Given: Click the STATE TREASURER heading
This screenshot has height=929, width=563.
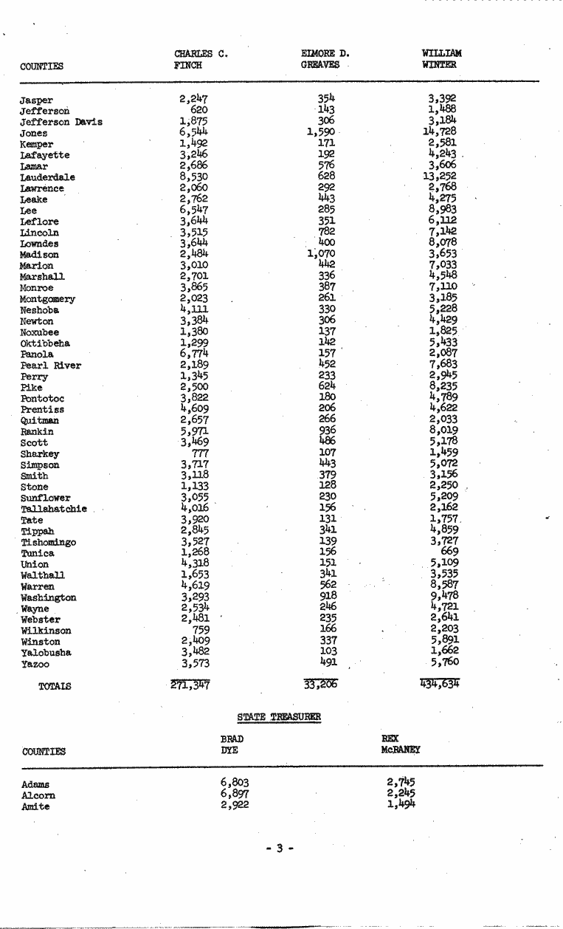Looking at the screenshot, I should point(280,716).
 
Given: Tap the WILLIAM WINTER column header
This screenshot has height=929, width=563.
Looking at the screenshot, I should point(441,59).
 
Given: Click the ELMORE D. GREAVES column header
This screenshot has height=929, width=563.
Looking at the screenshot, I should point(325,59).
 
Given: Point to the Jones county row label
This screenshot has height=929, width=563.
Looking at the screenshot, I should point(34,134).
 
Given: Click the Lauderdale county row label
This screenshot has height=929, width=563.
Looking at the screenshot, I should point(47,178).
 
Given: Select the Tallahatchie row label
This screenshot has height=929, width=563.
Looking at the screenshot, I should point(54,509).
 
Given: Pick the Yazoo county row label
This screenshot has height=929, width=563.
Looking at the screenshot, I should point(34,665).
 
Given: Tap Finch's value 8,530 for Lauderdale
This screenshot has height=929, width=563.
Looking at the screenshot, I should point(194,176).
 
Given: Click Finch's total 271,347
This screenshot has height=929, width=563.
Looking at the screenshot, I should point(190,685).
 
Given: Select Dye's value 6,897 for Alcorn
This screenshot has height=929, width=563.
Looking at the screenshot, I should point(235,793).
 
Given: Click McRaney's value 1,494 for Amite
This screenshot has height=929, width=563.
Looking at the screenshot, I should point(401,804).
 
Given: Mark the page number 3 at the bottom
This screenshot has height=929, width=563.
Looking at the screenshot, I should point(280,849).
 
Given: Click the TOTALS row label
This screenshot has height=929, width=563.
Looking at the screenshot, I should point(55,686).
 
